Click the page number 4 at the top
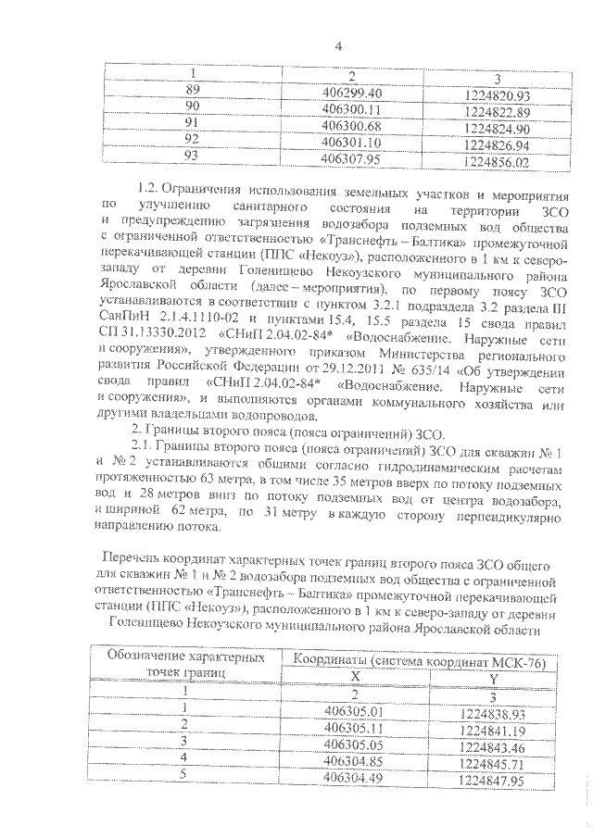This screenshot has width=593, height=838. tap(339, 45)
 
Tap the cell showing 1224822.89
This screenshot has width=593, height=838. tap(498, 110)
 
